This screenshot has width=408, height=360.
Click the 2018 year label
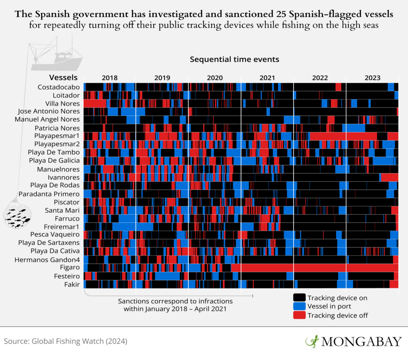(x=110, y=78)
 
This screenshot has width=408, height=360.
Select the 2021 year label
(x=267, y=78)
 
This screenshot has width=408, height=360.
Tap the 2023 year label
(x=372, y=78)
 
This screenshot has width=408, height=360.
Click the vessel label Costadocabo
(x=59, y=87)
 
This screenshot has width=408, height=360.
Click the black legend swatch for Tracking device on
(x=299, y=298)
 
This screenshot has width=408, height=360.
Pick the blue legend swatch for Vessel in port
(x=299, y=307)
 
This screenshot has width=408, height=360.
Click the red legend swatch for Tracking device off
(x=299, y=315)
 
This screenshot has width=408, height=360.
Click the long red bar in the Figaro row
(x=315, y=268)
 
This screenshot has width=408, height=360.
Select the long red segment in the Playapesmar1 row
(x=343, y=136)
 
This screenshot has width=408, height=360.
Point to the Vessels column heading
(x=63, y=77)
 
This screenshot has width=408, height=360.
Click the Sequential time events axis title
(x=234, y=59)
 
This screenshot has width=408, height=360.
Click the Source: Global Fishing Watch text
(x=66, y=342)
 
